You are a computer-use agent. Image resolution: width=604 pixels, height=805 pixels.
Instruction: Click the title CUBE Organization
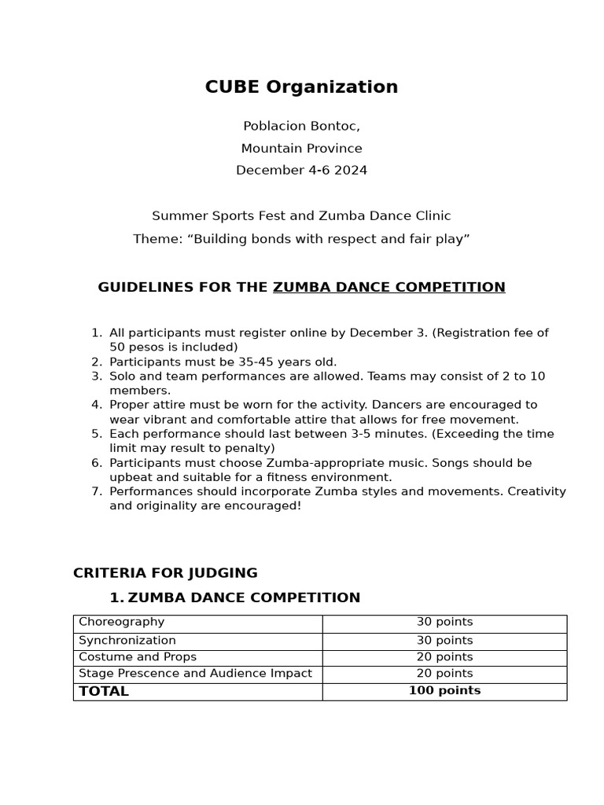click(x=301, y=87)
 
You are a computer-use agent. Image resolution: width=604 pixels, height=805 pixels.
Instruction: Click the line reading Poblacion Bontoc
click(x=301, y=126)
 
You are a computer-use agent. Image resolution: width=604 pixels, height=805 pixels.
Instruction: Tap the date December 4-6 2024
click(x=301, y=171)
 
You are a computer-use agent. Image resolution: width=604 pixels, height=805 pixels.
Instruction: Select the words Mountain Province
click(x=301, y=149)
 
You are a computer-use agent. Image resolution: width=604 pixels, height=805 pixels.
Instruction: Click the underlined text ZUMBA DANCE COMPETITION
click(x=389, y=288)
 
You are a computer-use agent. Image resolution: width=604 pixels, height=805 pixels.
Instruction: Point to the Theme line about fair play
click(x=301, y=239)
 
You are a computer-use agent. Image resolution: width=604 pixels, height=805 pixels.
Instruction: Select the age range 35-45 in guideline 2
click(x=249, y=362)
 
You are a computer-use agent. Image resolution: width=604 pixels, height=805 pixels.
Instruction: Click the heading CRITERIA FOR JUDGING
click(x=165, y=573)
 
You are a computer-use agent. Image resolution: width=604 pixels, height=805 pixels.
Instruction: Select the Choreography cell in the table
click(x=122, y=622)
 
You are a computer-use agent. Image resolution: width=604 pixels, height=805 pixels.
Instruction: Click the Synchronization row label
click(x=127, y=641)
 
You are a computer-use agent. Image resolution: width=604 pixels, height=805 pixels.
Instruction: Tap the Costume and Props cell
click(x=138, y=657)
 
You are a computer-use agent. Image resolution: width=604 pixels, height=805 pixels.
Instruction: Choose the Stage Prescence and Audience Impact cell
click(x=195, y=674)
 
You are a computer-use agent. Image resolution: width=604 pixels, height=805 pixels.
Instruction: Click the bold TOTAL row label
click(x=104, y=692)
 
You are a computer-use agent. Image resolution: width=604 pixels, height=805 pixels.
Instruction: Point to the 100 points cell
click(x=444, y=691)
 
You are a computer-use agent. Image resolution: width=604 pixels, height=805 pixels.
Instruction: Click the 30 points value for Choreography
click(x=444, y=622)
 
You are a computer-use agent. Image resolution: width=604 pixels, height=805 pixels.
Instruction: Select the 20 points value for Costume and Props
click(x=444, y=657)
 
